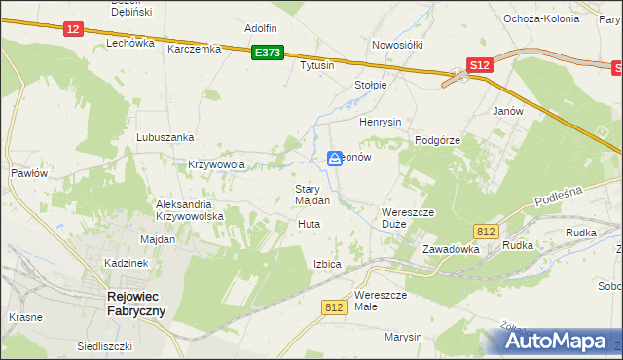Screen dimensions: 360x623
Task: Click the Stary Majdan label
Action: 312,195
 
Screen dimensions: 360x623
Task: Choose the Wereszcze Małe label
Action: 379,300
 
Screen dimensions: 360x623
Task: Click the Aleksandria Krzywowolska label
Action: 191,210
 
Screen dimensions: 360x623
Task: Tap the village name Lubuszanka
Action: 165,138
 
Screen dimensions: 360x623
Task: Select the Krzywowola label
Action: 215,165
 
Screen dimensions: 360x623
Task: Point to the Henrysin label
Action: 381,123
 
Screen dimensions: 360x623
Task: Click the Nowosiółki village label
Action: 396,45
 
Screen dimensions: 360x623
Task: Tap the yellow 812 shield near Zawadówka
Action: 487,231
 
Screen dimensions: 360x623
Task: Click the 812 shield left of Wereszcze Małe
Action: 334,306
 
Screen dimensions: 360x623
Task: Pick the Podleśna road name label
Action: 558,198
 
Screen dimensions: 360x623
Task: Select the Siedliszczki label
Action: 105,346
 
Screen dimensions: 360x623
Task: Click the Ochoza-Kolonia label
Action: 542,18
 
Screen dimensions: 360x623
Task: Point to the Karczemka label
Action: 195,49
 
